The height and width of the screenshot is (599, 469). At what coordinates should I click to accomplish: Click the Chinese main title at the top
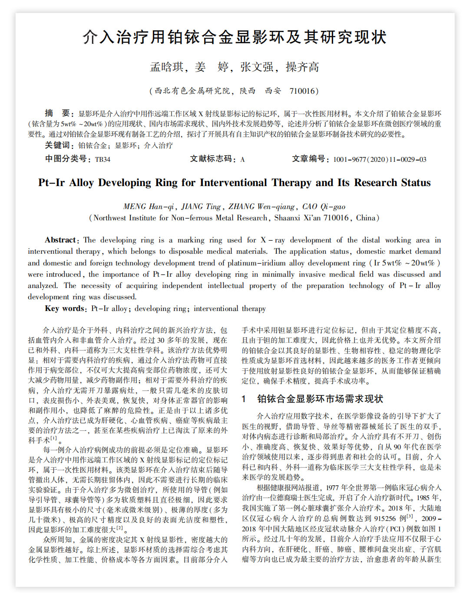pyautogui.click(x=234, y=37)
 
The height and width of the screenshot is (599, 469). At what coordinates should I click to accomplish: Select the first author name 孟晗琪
pyautogui.click(x=167, y=67)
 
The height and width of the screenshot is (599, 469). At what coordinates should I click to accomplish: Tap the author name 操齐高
pyautogui.click(x=302, y=67)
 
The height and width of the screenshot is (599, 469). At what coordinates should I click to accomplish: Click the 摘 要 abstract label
pyautogui.click(x=57, y=114)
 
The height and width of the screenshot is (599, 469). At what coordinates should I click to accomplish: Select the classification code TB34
pyautogui.click(x=102, y=159)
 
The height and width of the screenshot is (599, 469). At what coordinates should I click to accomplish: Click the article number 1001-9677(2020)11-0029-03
pyautogui.click(x=380, y=159)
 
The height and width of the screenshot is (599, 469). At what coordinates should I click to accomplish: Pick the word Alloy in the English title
pyautogui.click(x=81, y=183)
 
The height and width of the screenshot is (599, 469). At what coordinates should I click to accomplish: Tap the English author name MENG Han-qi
pyautogui.click(x=149, y=206)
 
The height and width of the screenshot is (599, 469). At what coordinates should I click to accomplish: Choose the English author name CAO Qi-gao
pyautogui.click(x=324, y=206)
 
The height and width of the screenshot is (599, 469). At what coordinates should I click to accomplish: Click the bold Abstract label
pyautogui.click(x=60, y=240)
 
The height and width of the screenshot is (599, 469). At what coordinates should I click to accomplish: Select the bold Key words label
pyautogui.click(x=65, y=308)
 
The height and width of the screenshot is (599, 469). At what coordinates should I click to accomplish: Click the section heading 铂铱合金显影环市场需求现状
pyautogui.click(x=320, y=399)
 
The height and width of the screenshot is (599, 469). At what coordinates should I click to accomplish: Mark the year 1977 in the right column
pyautogui.click(x=332, y=488)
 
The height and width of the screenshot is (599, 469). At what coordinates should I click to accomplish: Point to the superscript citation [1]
pyautogui.click(x=54, y=439)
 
